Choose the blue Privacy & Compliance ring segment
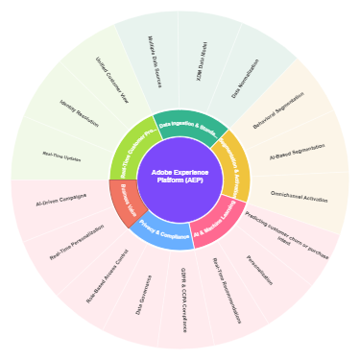tap(164, 234)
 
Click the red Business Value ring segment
tap(129, 204)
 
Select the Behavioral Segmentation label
tap(278, 110)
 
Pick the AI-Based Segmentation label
tap(296, 150)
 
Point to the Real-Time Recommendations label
tap(227, 289)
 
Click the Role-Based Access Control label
tap(108, 276)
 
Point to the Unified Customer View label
tap(112, 80)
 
